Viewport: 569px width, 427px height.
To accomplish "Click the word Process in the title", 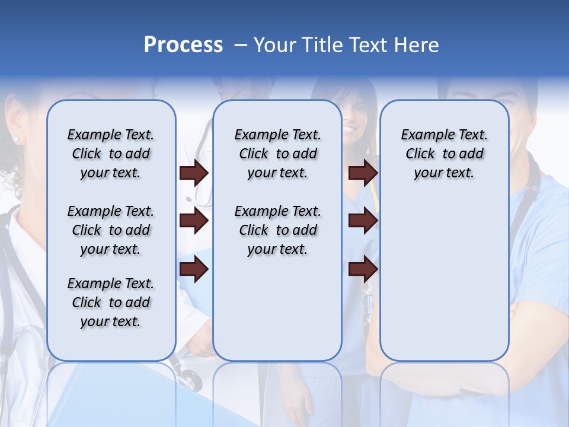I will click(x=183, y=45).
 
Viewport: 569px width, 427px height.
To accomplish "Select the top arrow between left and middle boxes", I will click(x=194, y=173).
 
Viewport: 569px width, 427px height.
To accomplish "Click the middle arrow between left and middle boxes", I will click(x=194, y=221).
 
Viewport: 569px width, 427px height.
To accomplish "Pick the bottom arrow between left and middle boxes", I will click(x=194, y=269).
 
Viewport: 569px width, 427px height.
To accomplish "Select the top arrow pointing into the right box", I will click(x=363, y=173).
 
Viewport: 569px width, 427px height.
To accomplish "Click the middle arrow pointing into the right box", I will click(x=363, y=221).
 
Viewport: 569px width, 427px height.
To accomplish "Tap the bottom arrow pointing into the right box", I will click(x=363, y=269).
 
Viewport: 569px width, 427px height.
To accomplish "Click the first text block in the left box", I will click(x=111, y=154).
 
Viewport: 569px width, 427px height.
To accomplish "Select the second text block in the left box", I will click(x=111, y=230).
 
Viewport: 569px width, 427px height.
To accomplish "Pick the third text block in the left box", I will click(x=111, y=302).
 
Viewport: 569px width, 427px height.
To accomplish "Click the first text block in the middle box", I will click(x=277, y=154).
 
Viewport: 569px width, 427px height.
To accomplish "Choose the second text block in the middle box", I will click(x=277, y=230).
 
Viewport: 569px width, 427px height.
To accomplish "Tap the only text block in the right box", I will click(x=444, y=154).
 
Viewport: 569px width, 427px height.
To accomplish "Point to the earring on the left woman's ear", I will click(x=16, y=139).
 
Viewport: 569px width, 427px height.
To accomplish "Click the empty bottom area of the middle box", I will click(x=277, y=314).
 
